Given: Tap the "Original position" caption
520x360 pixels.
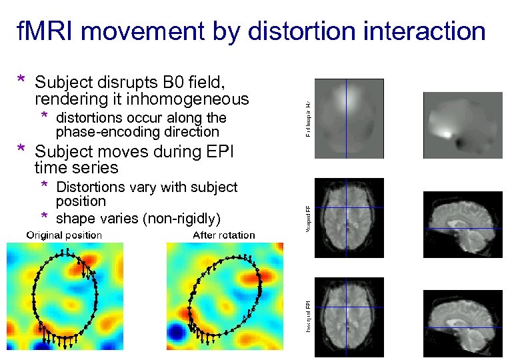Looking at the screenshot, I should click(64, 235).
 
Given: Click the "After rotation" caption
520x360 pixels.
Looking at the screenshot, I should click(223, 235).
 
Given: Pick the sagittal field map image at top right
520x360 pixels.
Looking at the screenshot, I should click(459, 124).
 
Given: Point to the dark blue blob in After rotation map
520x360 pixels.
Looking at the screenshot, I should click(177, 332).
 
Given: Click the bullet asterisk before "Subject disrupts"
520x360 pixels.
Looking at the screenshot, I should click(22, 80).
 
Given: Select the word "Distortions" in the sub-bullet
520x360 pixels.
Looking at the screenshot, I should click(89, 187).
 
